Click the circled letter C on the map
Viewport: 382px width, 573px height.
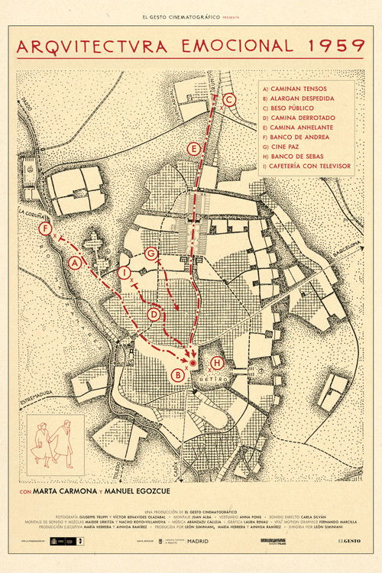tap(228, 99)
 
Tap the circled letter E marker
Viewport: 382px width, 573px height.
tap(195, 147)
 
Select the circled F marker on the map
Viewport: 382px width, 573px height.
tap(47, 228)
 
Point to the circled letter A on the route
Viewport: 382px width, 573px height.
tap(75, 263)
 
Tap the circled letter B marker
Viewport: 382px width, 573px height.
tap(178, 374)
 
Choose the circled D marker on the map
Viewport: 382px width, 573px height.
tap(154, 313)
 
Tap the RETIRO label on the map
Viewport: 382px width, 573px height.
tap(214, 377)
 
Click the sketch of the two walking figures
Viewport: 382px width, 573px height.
tap(56, 441)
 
